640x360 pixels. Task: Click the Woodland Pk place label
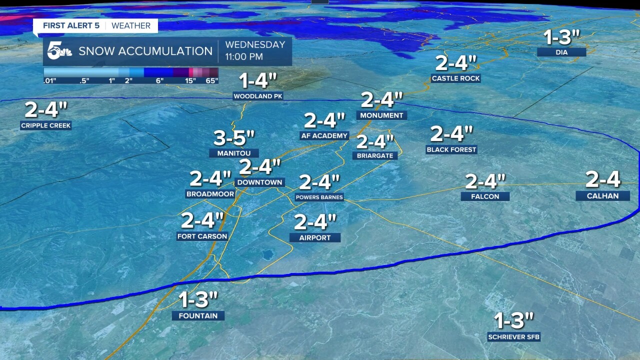point(258,96)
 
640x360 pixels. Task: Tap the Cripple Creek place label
point(46,125)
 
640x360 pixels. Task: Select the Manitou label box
point(234,153)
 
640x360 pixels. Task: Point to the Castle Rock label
point(455,78)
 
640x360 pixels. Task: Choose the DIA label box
point(561,52)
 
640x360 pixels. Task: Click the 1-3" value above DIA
point(561,38)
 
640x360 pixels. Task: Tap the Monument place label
point(382,115)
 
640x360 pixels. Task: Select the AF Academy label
point(324,135)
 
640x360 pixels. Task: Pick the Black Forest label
point(451,149)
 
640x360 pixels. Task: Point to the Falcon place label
point(485,196)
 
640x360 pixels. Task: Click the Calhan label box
point(602,196)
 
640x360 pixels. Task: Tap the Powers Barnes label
point(319,197)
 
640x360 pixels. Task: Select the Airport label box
point(315,237)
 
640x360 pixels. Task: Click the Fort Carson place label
point(202,236)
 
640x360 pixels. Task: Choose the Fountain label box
point(198,315)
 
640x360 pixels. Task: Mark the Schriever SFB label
point(514,337)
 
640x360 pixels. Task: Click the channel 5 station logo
point(59,51)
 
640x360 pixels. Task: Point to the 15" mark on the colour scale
point(190,80)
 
